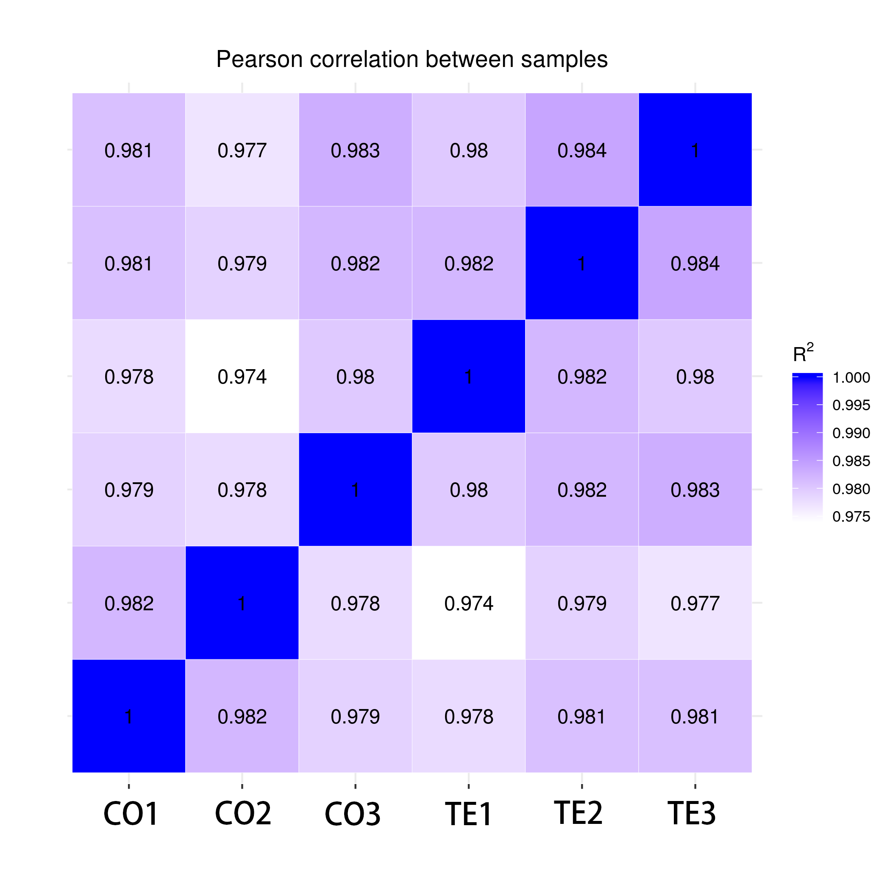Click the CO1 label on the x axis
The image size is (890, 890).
click(x=131, y=814)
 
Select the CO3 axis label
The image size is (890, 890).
click(x=353, y=814)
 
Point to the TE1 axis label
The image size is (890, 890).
click(x=468, y=814)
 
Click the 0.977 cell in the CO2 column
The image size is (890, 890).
click(x=242, y=150)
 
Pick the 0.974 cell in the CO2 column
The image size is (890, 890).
click(x=242, y=376)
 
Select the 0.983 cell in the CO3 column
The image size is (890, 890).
click(x=355, y=150)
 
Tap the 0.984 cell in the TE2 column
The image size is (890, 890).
click(x=582, y=150)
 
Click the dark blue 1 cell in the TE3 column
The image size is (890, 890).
click(x=695, y=150)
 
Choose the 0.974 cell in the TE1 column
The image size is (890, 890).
click(x=468, y=603)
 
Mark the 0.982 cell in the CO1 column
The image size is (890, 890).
click(x=129, y=603)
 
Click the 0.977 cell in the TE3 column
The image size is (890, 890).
click(x=695, y=603)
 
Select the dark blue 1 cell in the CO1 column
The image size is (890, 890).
click(x=129, y=716)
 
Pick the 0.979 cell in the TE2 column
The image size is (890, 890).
click(x=582, y=603)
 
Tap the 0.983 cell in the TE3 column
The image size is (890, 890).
click(x=695, y=489)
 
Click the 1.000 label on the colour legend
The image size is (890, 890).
click(x=851, y=378)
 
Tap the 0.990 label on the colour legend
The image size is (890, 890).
click(x=851, y=434)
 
